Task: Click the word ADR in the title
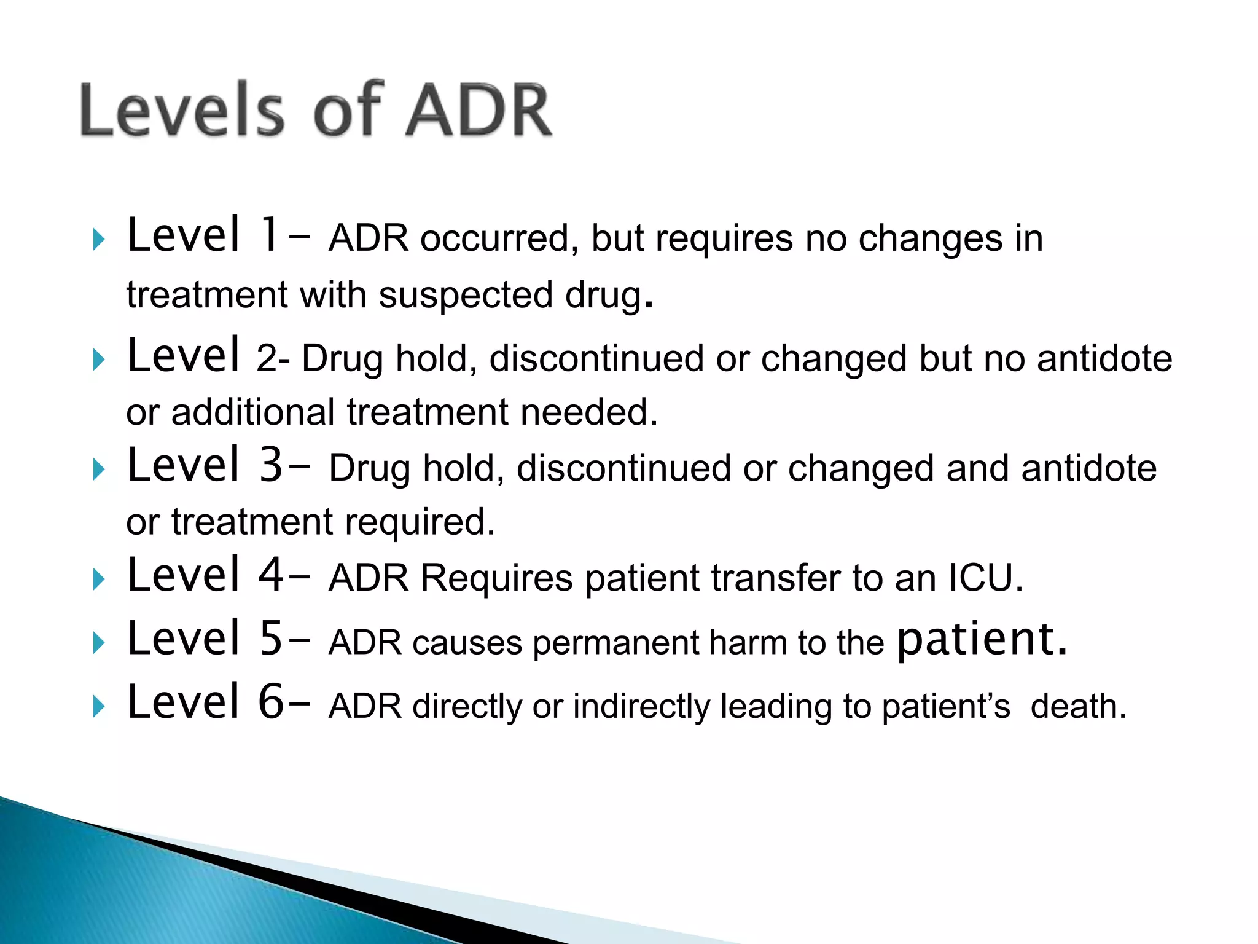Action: [479, 111]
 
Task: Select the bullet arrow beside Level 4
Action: [98, 579]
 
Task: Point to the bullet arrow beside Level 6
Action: [98, 706]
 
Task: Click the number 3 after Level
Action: [271, 466]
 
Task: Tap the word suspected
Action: [466, 295]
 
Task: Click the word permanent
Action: [615, 643]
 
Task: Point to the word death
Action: [1078, 706]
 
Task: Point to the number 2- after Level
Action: [273, 358]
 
